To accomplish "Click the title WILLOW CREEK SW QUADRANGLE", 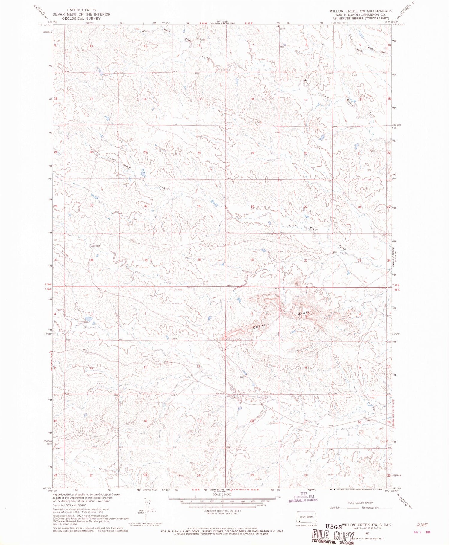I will [361, 11].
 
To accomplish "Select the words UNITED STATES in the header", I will [81, 10].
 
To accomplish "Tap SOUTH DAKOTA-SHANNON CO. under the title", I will [361, 15].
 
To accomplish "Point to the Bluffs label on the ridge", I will [305, 313].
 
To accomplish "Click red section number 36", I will [199, 260].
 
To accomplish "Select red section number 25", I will [199, 206].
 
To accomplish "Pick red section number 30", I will [252, 207].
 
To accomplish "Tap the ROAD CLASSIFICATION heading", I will [360, 503].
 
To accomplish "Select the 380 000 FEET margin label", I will [397, 126].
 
